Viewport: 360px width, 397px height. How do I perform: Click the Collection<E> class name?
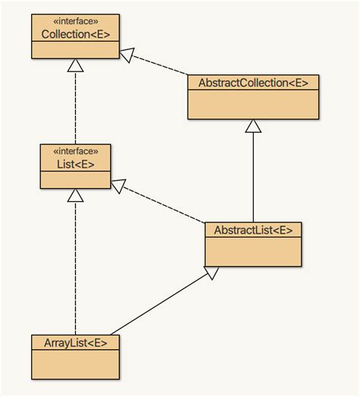tap(74, 35)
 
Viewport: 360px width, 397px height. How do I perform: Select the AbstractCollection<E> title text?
tap(253, 83)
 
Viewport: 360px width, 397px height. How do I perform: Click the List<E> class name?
tap(74, 163)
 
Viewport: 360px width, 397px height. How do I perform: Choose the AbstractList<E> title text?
tap(253, 230)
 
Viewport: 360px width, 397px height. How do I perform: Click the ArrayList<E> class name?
tap(74, 342)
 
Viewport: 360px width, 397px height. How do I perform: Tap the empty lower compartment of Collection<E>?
tap(74, 50)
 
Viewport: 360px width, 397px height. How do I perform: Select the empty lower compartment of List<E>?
tap(74, 179)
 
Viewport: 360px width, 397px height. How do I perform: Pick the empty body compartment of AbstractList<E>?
tap(253, 251)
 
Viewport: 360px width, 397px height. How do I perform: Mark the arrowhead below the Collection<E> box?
tap(74, 65)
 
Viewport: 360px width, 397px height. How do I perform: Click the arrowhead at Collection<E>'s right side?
tap(125, 54)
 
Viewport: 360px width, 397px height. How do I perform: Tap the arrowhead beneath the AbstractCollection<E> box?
tap(253, 126)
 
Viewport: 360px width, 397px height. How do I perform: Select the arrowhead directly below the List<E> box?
tap(74, 195)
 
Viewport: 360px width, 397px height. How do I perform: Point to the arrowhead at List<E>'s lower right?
tap(119, 185)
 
